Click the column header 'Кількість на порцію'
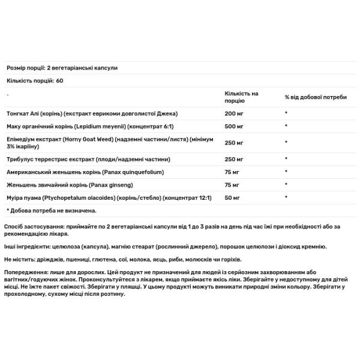(x=241, y=97)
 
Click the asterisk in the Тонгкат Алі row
(x=287, y=113)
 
